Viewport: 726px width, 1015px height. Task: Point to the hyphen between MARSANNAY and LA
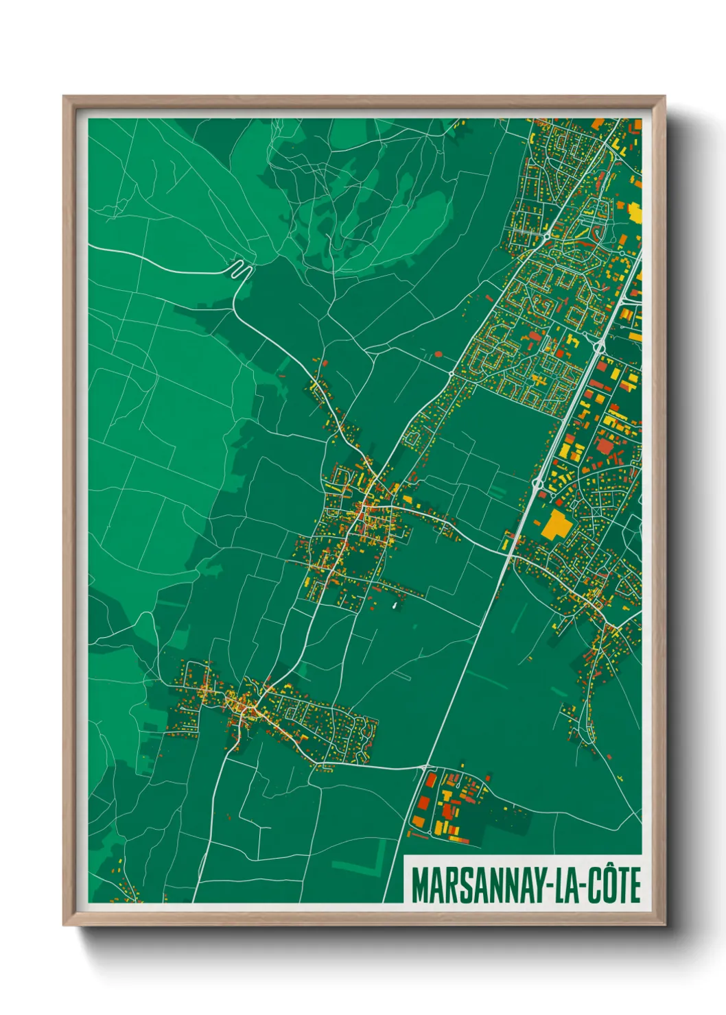coord(548,885)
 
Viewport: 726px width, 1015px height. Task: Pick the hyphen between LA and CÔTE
coord(584,885)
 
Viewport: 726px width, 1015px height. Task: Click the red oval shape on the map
coord(438,354)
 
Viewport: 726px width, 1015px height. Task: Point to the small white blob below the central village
coord(394,606)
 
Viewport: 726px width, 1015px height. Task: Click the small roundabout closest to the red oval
coord(451,373)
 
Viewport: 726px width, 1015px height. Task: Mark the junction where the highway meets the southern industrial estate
coord(426,766)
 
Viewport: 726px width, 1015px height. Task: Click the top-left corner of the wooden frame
coord(65,97)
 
